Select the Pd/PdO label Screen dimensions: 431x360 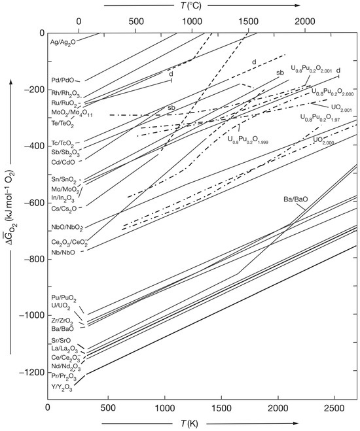pyautogui.click(x=63, y=80)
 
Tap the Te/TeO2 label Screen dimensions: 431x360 pyautogui.click(x=63, y=122)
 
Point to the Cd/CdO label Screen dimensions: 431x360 pyautogui.click(x=63, y=162)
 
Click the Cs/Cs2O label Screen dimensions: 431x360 pyautogui.click(x=64, y=209)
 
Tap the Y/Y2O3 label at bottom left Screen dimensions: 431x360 pyautogui.click(x=64, y=387)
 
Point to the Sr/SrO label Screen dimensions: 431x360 pyautogui.click(x=63, y=340)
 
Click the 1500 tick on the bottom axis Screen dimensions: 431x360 pyautogui.click(x=223, y=407)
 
